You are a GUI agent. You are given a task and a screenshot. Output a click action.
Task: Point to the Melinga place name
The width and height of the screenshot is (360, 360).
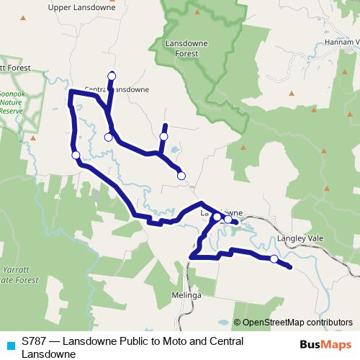click(186, 295)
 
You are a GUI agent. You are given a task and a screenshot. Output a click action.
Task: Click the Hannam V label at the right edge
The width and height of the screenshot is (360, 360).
click(342, 42)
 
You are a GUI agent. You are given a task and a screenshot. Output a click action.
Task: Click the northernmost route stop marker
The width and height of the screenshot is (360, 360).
click(112, 76)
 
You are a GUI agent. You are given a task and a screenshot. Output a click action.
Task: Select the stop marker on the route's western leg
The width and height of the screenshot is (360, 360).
click(76, 155)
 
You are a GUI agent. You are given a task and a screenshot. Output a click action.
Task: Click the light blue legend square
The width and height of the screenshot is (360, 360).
click(9, 345)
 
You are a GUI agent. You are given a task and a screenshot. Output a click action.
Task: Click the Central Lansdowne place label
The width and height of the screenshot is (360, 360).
click(117, 90)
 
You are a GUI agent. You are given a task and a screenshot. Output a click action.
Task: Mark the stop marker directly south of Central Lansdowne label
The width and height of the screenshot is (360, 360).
click(108, 137)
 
